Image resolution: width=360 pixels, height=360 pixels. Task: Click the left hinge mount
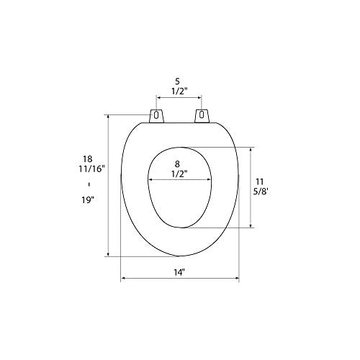(x=156, y=116)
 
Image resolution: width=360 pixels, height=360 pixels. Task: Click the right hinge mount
(x=202, y=116)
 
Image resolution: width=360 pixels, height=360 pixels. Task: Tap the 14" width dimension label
(x=179, y=272)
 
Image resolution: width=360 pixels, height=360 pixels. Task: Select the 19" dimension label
(x=88, y=199)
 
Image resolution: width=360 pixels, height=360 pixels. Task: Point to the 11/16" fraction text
(x=92, y=168)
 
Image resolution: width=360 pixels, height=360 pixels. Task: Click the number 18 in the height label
(x=88, y=158)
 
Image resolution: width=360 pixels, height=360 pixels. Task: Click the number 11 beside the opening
(x=260, y=181)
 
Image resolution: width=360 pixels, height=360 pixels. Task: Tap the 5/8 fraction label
(x=261, y=192)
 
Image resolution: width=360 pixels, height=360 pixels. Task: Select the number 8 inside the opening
(x=177, y=164)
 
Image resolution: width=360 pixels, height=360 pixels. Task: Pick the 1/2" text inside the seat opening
(x=179, y=174)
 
